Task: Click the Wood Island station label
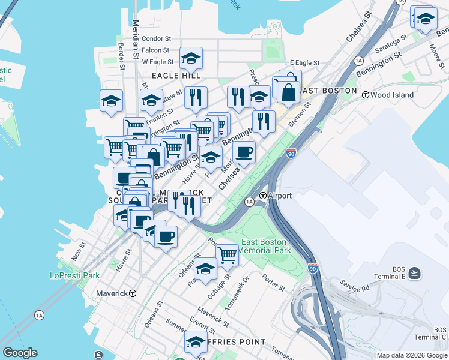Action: (392, 94)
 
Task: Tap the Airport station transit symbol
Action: (263, 196)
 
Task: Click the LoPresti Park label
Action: (74, 275)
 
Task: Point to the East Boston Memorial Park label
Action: (266, 246)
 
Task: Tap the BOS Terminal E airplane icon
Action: (414, 274)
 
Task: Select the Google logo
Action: (20, 353)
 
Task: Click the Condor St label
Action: (157, 39)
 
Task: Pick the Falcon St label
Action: (156, 50)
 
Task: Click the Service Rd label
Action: (354, 286)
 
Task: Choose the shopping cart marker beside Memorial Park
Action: (227, 256)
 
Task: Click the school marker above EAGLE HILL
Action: (191, 58)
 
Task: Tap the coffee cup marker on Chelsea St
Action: (244, 152)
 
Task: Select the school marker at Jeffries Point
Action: (196, 342)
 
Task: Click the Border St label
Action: (121, 43)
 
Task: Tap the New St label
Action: (79, 251)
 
